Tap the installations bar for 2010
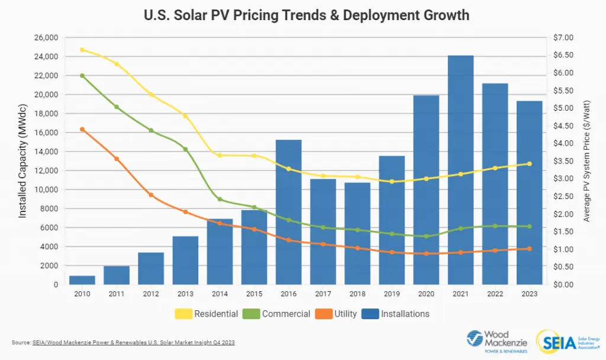coord(82,280)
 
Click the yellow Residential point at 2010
coord(82,50)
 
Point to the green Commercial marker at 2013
coord(185,149)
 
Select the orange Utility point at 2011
coord(117,159)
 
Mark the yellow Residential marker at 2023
coord(529,164)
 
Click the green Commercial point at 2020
coord(426,236)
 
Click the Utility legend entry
coord(337,314)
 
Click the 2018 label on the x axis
coord(357,294)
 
